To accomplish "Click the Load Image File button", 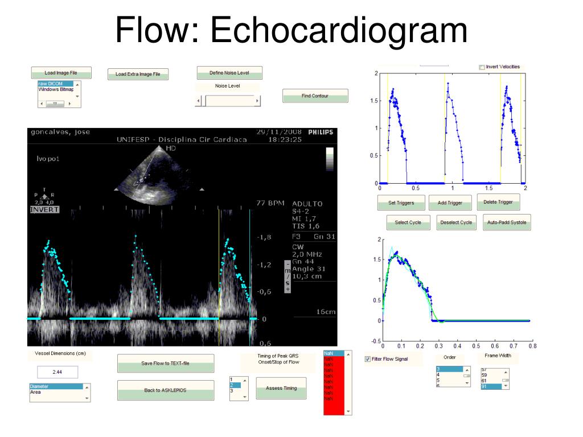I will pos(61,73).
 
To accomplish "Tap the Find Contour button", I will pos(315,96).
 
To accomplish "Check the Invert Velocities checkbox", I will pos(482,67).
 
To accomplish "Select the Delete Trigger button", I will pos(498,202).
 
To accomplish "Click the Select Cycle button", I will pos(408,222).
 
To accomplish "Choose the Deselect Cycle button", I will pos(456,222).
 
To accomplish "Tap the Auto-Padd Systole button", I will pos(507,222).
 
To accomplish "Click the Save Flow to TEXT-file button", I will pos(165,363).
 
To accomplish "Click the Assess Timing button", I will pos(281,388).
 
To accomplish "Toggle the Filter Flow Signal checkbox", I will pos(368,359).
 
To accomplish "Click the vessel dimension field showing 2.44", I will pos(58,372).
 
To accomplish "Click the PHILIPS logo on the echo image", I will pos(320,132).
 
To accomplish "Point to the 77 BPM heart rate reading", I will pos(270,203).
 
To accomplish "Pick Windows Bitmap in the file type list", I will pos(56,89).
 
